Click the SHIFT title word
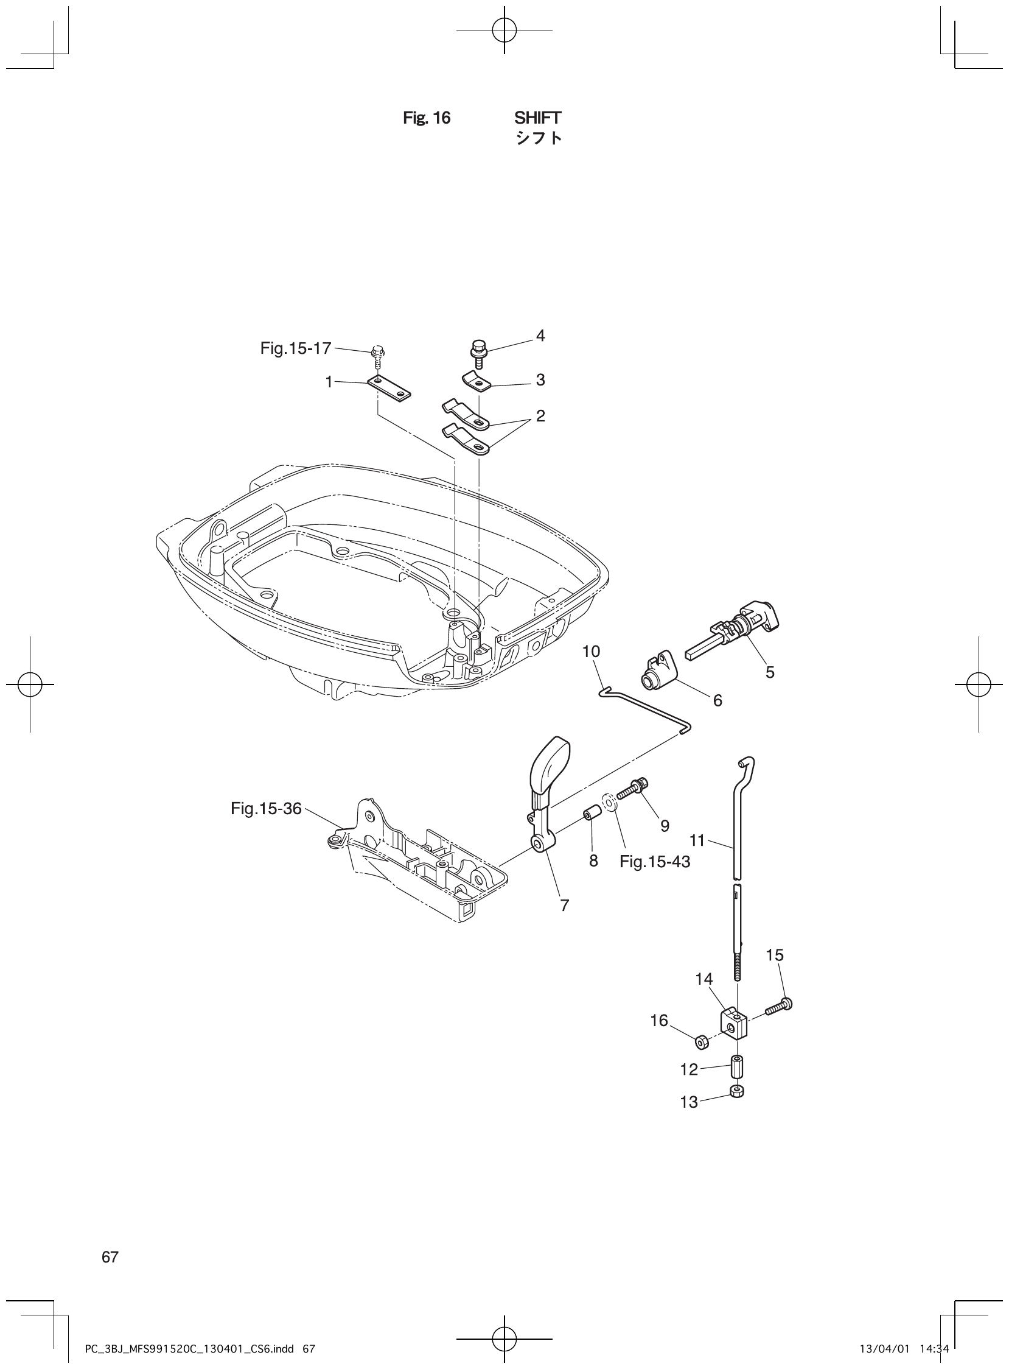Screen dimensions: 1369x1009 (x=537, y=118)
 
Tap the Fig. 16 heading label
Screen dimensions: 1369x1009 (x=427, y=118)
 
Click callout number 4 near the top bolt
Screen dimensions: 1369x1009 (x=540, y=336)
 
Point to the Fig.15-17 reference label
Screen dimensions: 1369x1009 (x=296, y=348)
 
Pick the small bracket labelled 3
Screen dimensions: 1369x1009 (x=478, y=382)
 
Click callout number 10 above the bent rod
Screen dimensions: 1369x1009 (x=592, y=652)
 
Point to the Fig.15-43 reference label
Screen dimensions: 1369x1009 (x=655, y=862)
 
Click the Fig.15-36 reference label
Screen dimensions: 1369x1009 (x=267, y=809)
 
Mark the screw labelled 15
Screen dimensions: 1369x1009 (x=778, y=1006)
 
